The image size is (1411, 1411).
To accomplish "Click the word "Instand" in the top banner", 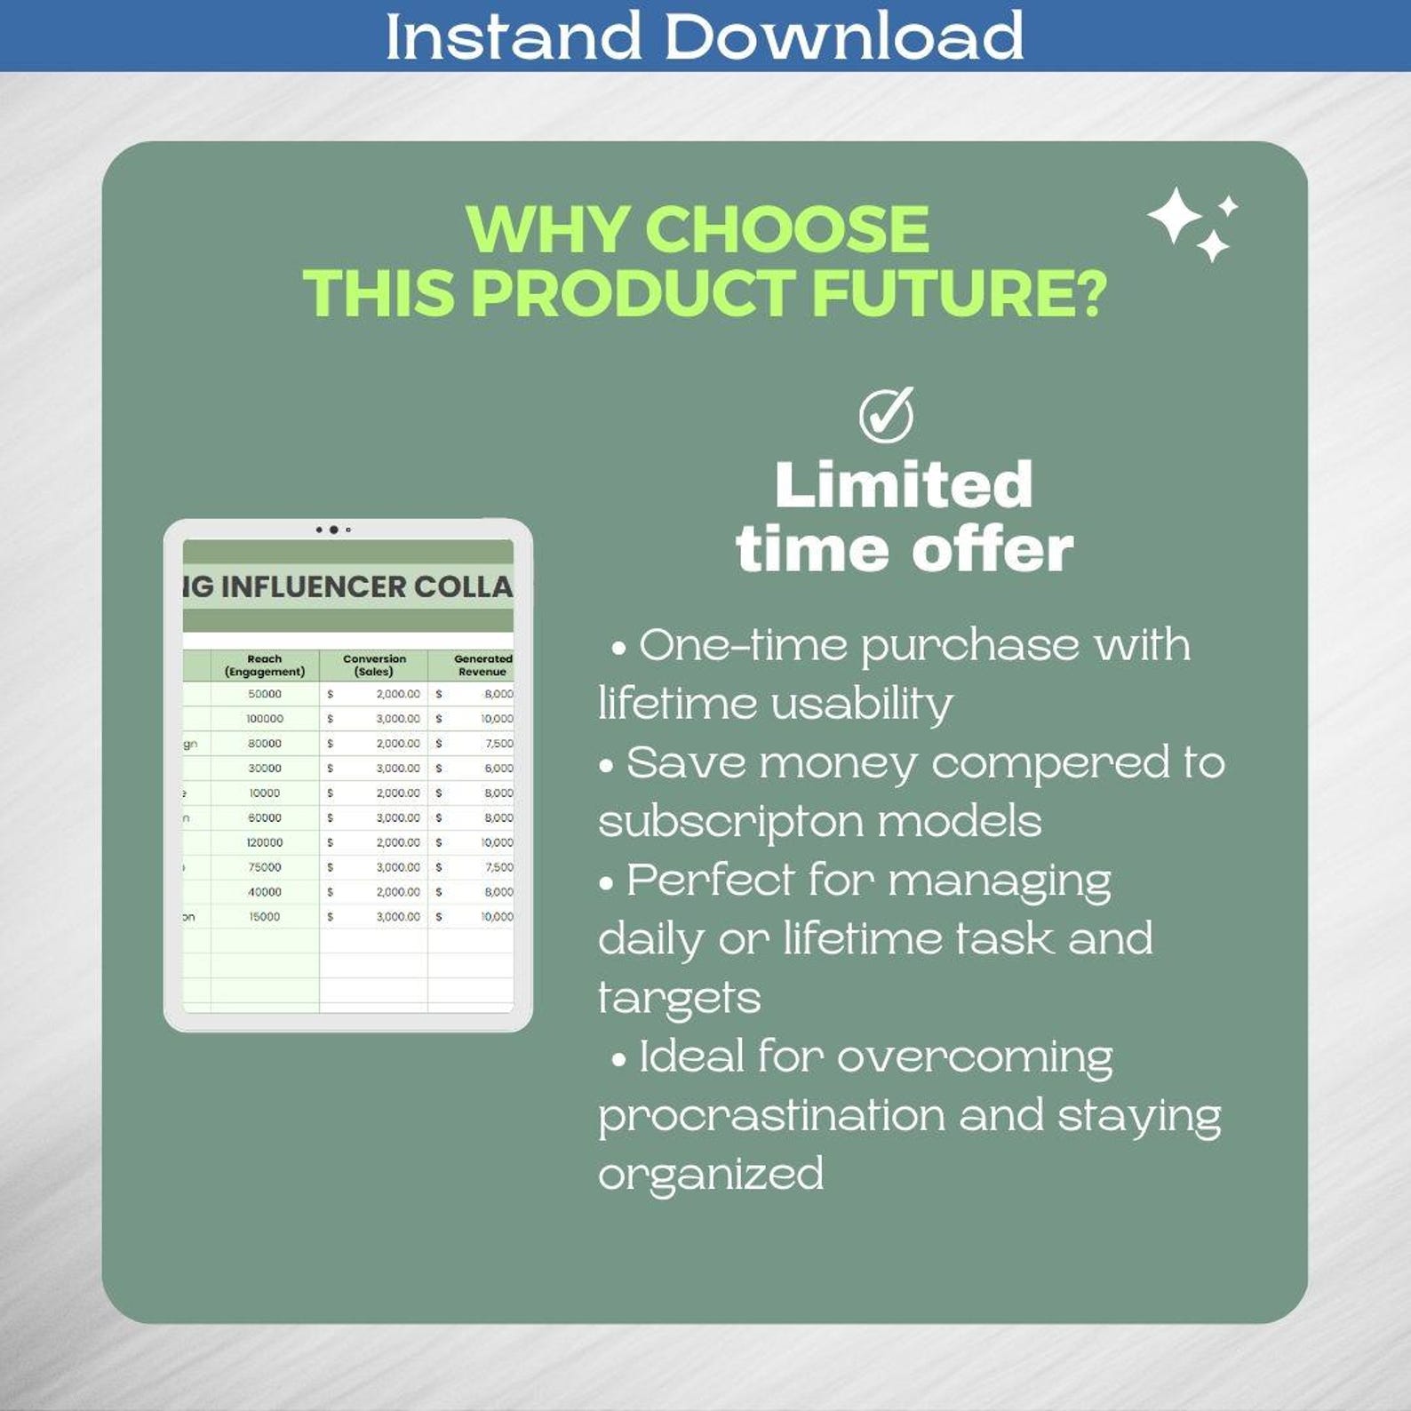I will pyautogui.click(x=513, y=36).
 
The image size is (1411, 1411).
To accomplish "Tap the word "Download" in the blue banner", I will pyautogui.click(x=843, y=36).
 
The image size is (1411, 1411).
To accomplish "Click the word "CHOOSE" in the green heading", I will pyautogui.click(x=786, y=229).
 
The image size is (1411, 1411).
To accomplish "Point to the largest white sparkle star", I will pyautogui.click(x=1174, y=216).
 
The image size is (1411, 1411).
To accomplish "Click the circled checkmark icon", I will pyautogui.click(x=886, y=414).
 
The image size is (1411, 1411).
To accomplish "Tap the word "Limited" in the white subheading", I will pyautogui.click(x=904, y=485).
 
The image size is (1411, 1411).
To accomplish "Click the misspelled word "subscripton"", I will pyautogui.click(x=730, y=821).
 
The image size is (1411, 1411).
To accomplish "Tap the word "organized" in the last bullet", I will pyautogui.click(x=711, y=1174).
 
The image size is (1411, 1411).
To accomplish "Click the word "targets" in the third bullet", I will pyautogui.click(x=680, y=998).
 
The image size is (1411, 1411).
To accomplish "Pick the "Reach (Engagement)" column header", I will pyautogui.click(x=265, y=666).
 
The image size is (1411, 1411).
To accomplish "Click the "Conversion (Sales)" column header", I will pyautogui.click(x=374, y=666).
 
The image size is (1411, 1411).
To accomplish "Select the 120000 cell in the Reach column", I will pyautogui.click(x=265, y=842).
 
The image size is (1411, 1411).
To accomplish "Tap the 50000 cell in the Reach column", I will pyautogui.click(x=265, y=694).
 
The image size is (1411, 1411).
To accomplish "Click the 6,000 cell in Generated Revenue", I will pyautogui.click(x=498, y=769).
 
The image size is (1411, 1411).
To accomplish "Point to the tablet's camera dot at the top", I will pyautogui.click(x=333, y=530).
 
